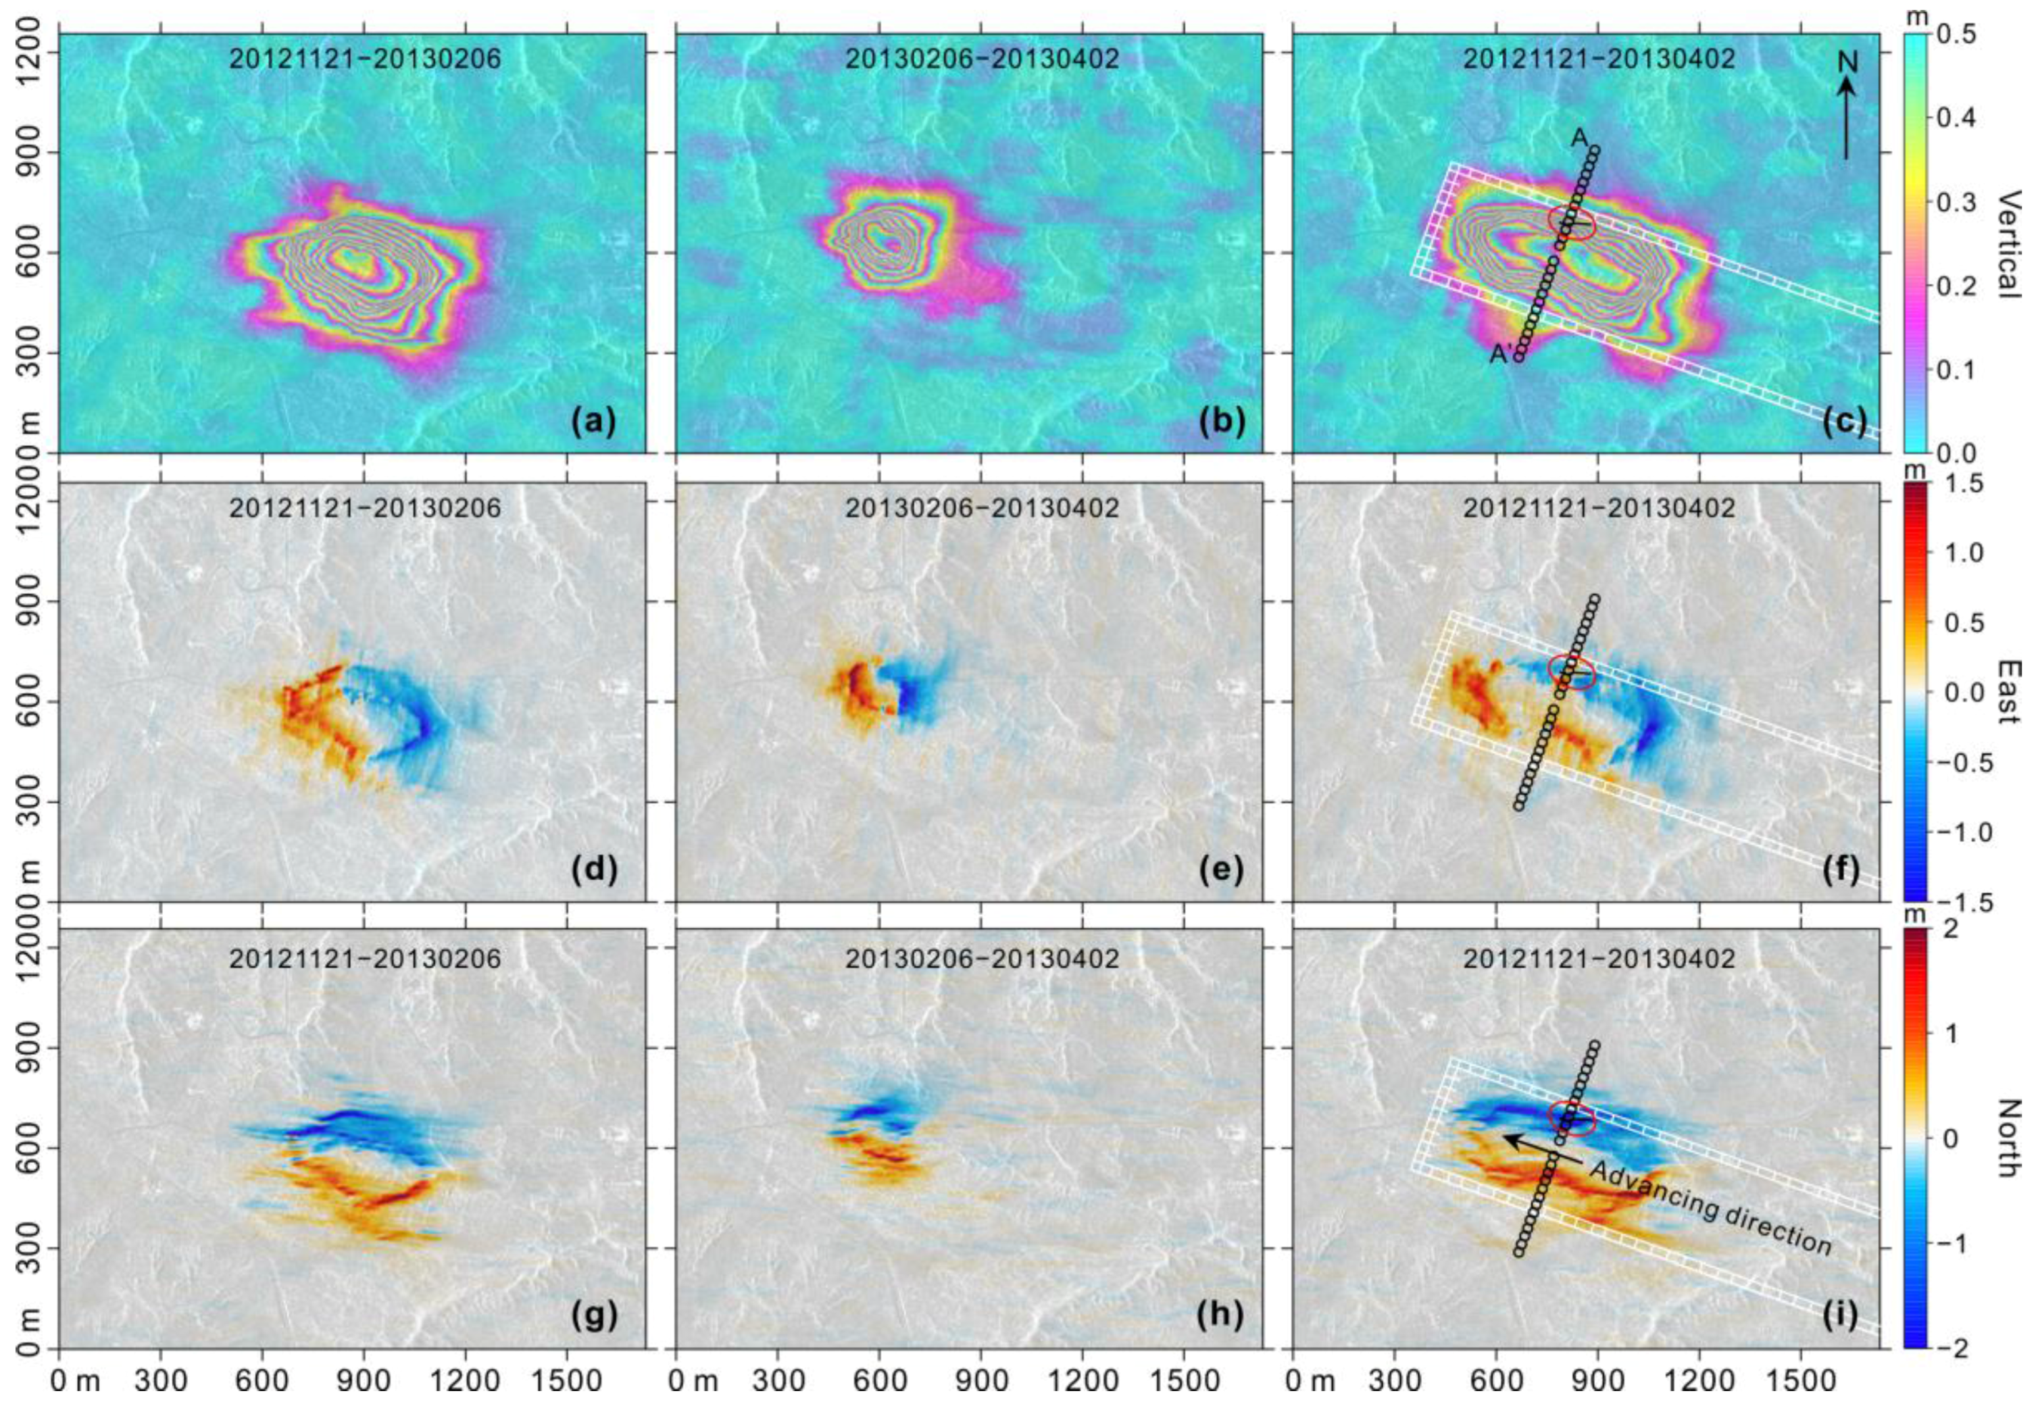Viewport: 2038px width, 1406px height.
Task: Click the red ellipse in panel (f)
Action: pyautogui.click(x=1572, y=670)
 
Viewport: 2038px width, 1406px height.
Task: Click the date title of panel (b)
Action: pyautogui.click(x=982, y=59)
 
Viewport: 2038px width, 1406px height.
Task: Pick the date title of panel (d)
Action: pyautogui.click(x=365, y=508)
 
